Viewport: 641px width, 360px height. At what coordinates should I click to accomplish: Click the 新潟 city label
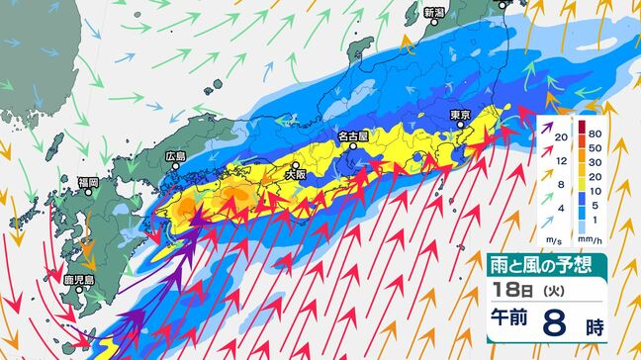click(x=434, y=13)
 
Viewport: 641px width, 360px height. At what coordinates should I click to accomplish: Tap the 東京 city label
click(x=458, y=115)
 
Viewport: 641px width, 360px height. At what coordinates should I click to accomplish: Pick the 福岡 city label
click(x=87, y=183)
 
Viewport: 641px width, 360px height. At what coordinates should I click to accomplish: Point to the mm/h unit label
click(x=592, y=240)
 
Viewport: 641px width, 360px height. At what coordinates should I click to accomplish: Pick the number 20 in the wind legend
click(x=561, y=137)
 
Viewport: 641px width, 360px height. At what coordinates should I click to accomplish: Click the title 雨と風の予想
click(x=547, y=264)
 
